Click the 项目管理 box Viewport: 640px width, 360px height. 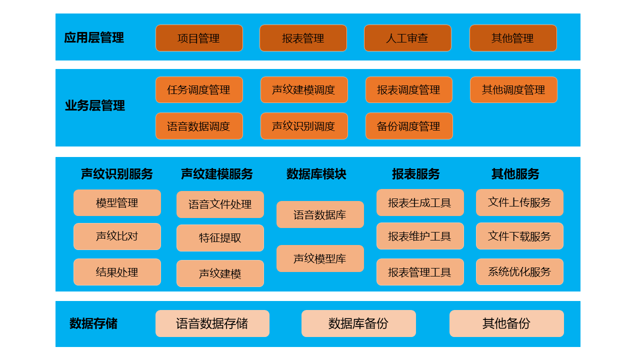point(199,38)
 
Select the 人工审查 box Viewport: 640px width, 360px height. point(407,38)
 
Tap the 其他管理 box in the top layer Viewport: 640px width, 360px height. point(513,38)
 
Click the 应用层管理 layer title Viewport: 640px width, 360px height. point(94,37)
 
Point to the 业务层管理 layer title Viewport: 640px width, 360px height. point(95,105)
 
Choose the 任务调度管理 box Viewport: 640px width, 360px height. point(199,89)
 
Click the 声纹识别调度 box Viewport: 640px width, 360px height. point(304,126)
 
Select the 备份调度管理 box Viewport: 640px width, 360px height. point(409,126)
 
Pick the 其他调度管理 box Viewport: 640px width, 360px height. point(513,89)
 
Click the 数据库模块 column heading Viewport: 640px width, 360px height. point(316,174)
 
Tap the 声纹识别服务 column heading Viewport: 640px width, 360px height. point(117,174)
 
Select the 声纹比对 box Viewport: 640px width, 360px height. point(117,236)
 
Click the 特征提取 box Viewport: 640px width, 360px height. point(220,237)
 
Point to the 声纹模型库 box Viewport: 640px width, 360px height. point(320,258)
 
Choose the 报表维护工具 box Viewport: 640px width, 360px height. point(420,236)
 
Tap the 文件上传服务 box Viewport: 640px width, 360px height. point(519,202)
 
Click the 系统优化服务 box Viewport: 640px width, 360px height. point(519,271)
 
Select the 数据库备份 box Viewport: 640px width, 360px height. point(358,323)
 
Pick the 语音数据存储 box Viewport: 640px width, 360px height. point(212,323)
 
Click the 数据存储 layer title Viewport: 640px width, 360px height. point(93,323)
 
